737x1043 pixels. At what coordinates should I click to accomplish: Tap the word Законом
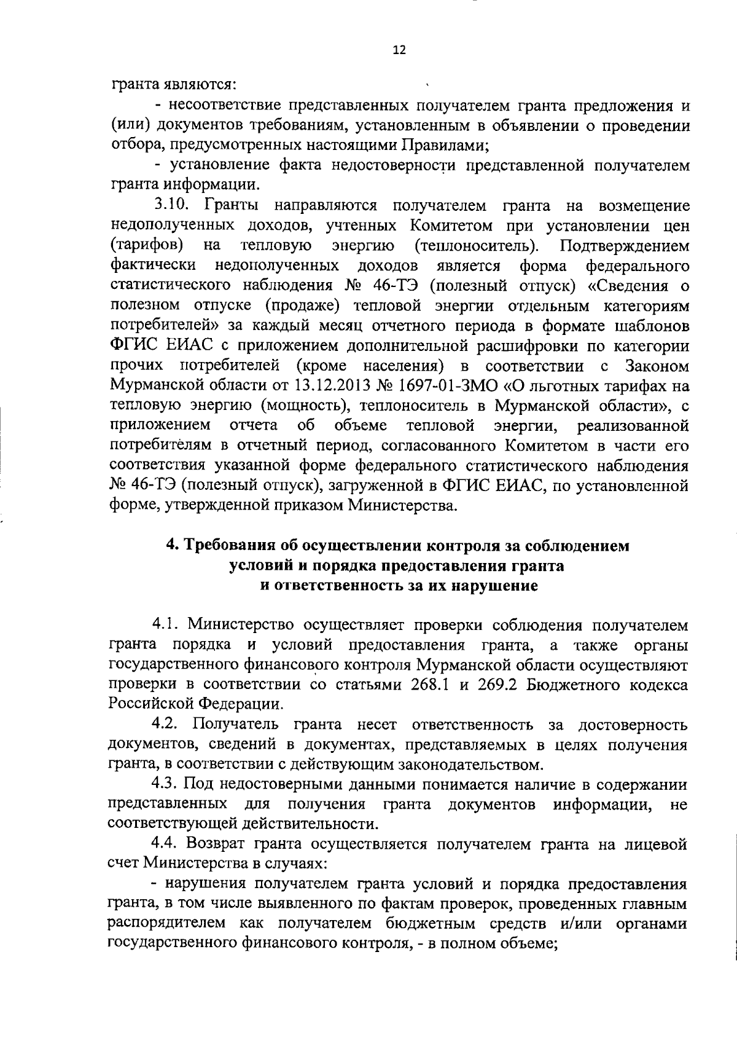(657, 366)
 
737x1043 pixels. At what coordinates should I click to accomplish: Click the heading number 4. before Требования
(173, 545)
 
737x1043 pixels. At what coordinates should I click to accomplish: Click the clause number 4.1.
(165, 625)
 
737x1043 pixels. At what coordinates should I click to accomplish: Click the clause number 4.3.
(165, 785)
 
